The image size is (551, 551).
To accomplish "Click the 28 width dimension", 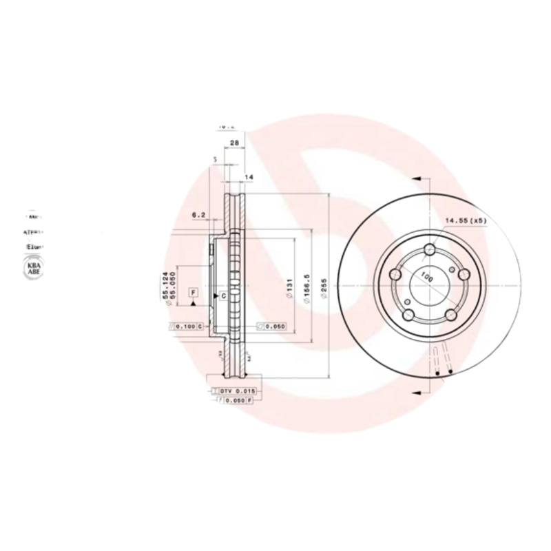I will click(233, 143).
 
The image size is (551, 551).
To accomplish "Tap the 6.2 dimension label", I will click(199, 215).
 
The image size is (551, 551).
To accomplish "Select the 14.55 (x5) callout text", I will click(466, 221).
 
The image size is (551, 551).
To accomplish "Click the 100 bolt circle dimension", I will click(426, 278).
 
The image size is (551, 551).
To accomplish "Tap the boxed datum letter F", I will click(194, 293).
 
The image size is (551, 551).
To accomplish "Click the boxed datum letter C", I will click(224, 295).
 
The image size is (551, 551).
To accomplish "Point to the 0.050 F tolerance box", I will click(236, 399).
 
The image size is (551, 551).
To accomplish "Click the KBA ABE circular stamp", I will click(32, 269).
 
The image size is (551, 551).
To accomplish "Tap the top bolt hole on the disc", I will click(430, 251).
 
